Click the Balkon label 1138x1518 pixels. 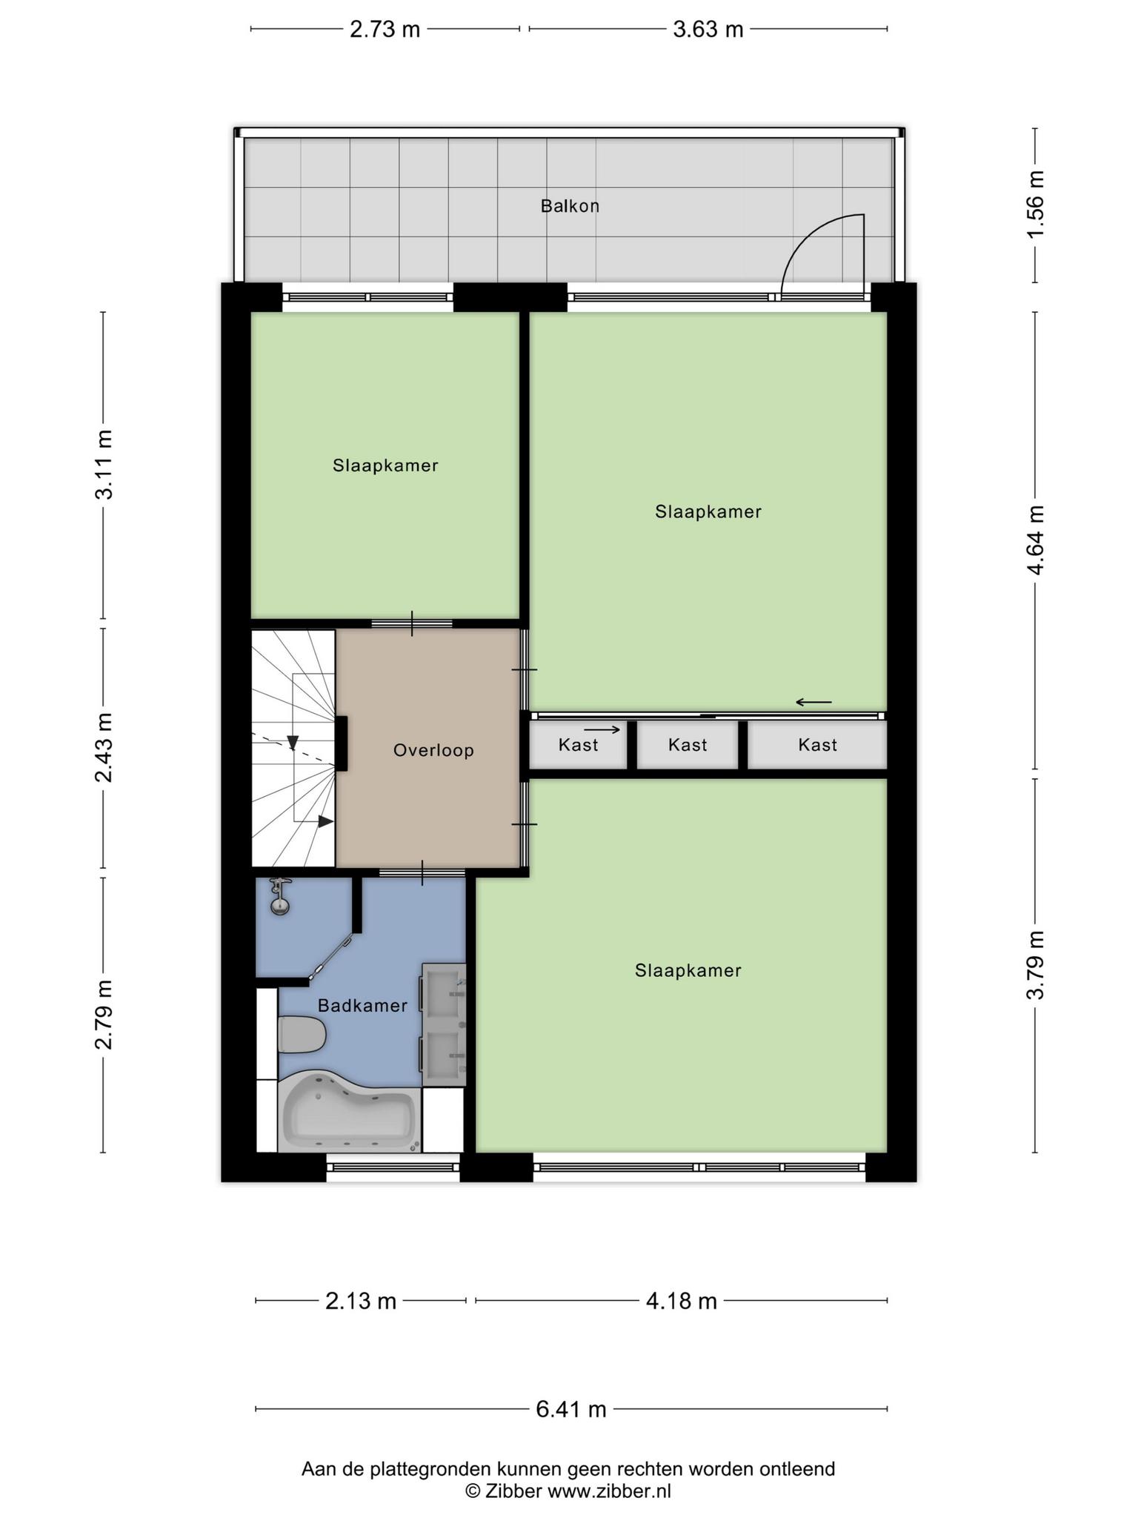(x=570, y=206)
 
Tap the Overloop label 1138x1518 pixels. (x=433, y=750)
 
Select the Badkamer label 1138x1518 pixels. (x=362, y=1006)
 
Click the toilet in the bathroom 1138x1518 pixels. (x=302, y=1035)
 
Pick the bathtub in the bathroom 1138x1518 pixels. (x=349, y=1112)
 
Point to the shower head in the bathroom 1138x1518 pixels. (x=280, y=895)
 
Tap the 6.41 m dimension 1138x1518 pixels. (x=571, y=1408)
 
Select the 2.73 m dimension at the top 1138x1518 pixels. (x=385, y=30)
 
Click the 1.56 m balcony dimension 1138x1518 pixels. (x=1035, y=205)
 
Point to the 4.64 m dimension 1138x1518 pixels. (x=1035, y=540)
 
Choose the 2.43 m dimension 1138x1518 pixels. (x=104, y=748)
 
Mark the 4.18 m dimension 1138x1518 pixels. (x=682, y=1301)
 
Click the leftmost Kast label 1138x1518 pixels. (x=578, y=745)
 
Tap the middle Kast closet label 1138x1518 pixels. (x=688, y=745)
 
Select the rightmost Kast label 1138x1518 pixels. (x=817, y=745)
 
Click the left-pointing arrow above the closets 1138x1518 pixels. (x=813, y=702)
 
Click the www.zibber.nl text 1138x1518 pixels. (x=609, y=1491)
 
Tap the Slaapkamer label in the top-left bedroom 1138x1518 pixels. (x=385, y=465)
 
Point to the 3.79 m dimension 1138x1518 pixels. (x=1035, y=964)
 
